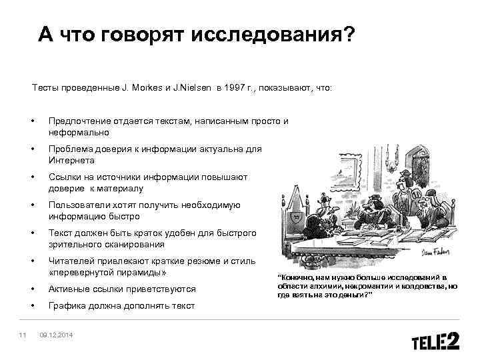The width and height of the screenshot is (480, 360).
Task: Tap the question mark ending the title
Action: [x=349, y=34]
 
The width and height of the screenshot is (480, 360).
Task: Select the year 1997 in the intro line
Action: [x=238, y=87]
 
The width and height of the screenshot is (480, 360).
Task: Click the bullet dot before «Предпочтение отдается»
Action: [x=32, y=121]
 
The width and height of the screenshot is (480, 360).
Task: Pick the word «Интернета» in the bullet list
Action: [x=71, y=161]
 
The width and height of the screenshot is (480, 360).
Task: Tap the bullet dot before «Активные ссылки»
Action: [x=32, y=289]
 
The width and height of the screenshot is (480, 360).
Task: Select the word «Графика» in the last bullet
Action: [x=65, y=305]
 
